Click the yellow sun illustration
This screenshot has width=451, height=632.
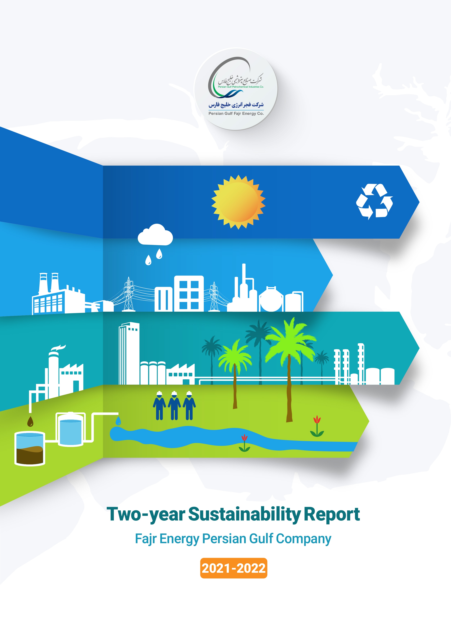pyautogui.click(x=238, y=202)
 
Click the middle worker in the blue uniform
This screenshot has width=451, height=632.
pyautogui.click(x=174, y=405)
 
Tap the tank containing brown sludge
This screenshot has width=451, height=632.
pyautogui.click(x=30, y=449)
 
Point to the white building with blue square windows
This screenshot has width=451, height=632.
pyautogui.click(x=189, y=293)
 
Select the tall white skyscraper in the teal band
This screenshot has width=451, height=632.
pyautogui.click(x=129, y=353)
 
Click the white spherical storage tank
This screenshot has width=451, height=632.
pyautogui.click(x=271, y=299)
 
